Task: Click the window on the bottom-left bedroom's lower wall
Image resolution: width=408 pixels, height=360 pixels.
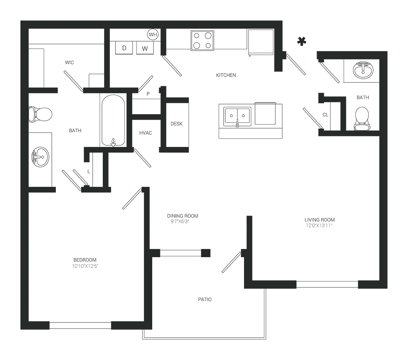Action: [82, 325]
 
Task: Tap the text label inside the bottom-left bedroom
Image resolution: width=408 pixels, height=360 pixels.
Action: [86, 265]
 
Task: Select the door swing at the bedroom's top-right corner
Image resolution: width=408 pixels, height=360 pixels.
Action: [133, 200]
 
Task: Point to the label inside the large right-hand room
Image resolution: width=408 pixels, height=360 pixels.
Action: [320, 222]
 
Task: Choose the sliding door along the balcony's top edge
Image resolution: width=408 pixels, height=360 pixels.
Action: [182, 253]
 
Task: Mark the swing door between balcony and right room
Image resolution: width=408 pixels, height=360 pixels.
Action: [232, 261]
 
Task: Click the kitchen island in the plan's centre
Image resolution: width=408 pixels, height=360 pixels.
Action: [249, 120]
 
